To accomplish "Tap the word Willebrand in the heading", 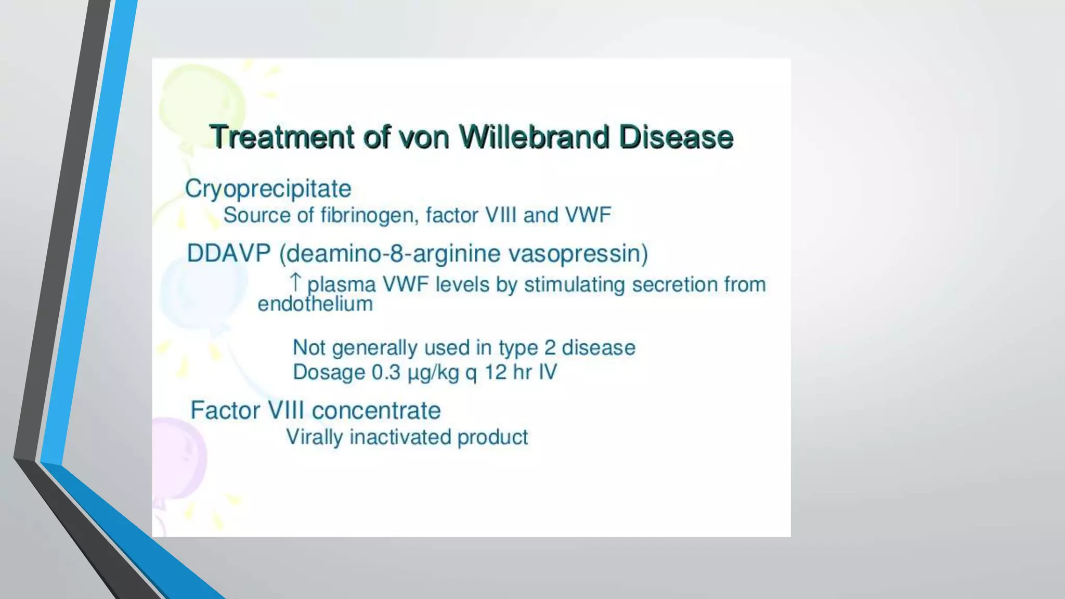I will [534, 137].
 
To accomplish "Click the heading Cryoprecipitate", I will [268, 189].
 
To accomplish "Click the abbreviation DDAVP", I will [229, 254].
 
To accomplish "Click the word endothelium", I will [315, 304].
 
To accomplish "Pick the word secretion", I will [675, 284].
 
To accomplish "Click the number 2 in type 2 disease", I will [550, 347].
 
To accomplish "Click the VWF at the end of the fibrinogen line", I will [588, 215].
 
